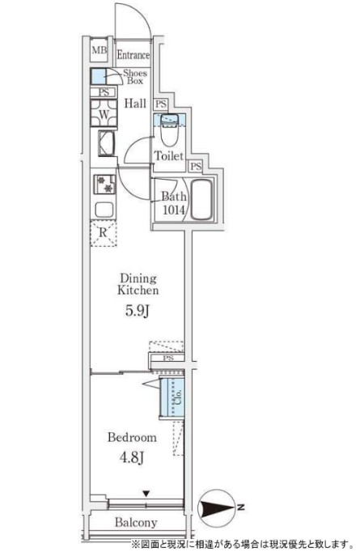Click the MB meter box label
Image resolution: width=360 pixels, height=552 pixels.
(100, 50)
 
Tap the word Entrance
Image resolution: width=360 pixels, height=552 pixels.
(133, 55)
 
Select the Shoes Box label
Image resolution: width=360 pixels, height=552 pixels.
(135, 77)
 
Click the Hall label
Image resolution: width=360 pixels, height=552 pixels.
(135, 104)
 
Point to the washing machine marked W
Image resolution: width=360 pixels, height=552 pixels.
(104, 113)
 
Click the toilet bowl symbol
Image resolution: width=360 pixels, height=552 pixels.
(170, 130)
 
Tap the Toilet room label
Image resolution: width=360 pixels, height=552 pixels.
(169, 155)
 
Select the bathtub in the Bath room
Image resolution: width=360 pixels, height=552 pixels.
(201, 200)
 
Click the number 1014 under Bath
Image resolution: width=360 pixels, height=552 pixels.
(173, 210)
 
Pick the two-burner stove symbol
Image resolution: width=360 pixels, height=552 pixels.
(104, 184)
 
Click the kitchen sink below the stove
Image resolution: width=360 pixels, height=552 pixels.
(104, 210)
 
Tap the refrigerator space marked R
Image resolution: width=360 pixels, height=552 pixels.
(103, 233)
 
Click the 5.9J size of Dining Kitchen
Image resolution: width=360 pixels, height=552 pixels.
(138, 311)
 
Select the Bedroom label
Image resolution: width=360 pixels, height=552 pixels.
(132, 438)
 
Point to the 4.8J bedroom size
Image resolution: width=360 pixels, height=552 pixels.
(132, 457)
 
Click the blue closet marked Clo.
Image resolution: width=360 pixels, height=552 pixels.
(172, 397)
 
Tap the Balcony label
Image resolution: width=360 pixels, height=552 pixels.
(136, 523)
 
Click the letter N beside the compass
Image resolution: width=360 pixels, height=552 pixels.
(241, 507)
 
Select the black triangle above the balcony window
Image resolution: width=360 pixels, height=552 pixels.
(146, 494)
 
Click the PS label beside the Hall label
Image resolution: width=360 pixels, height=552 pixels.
(161, 104)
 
